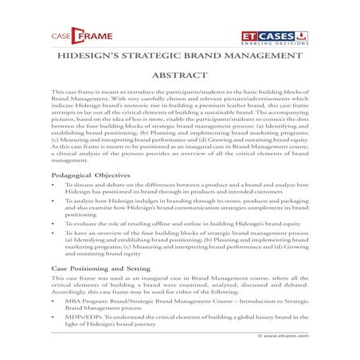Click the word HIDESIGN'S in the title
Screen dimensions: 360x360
pos(87,58)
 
